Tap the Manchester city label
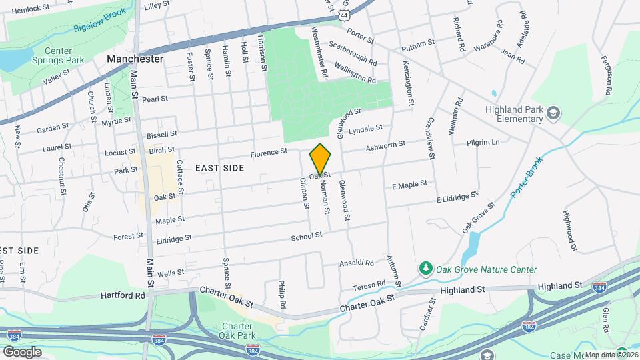(x=135, y=59)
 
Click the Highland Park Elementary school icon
(x=552, y=114)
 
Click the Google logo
(x=22, y=352)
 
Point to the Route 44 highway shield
(x=343, y=14)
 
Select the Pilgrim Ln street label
(x=483, y=143)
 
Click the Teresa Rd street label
(x=369, y=284)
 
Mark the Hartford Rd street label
(x=123, y=295)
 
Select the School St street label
(x=307, y=235)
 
